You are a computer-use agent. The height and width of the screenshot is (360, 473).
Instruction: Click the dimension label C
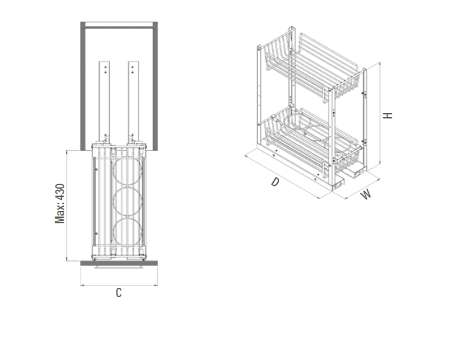tap(119, 292)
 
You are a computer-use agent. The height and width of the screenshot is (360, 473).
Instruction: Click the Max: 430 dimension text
tap(60, 203)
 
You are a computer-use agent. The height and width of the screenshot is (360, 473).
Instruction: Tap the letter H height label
tap(387, 115)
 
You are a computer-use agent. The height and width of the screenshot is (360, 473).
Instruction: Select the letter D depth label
tap(275, 182)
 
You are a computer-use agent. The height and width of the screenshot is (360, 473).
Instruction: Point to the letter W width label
tap(366, 194)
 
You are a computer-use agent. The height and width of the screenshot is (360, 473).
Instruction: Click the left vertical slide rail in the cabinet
tap(104, 102)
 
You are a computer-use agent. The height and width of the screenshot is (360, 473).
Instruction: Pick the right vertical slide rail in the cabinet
tap(133, 102)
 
